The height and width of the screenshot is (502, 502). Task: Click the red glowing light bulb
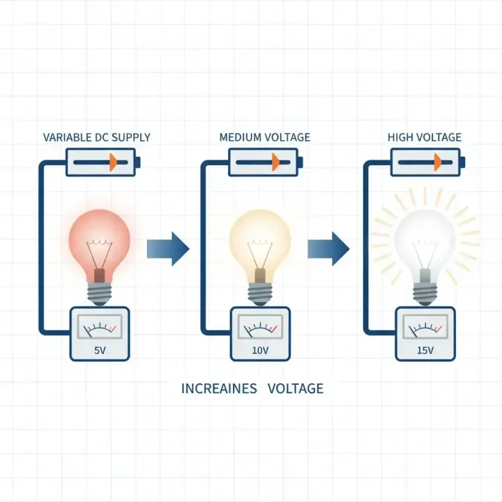(100, 237)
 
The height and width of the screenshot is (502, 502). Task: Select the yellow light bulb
(260, 237)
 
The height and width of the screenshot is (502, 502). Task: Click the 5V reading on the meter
(100, 350)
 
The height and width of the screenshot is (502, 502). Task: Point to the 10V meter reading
(260, 350)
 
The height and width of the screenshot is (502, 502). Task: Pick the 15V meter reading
(425, 350)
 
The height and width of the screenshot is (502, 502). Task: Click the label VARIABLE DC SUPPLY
(96, 137)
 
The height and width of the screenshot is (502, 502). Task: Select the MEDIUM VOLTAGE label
(265, 137)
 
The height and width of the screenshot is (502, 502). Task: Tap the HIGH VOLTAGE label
(425, 137)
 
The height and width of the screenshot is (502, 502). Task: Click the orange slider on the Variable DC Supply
(113, 162)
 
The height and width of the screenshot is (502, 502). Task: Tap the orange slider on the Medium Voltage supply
(275, 162)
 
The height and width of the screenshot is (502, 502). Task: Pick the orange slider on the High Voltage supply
(436, 162)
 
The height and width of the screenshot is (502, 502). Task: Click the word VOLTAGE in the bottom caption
(296, 388)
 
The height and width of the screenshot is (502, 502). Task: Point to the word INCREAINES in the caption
(219, 388)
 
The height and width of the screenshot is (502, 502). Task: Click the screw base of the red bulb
(100, 291)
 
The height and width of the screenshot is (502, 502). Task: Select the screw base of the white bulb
(425, 291)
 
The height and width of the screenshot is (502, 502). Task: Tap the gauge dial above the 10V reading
(260, 326)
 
